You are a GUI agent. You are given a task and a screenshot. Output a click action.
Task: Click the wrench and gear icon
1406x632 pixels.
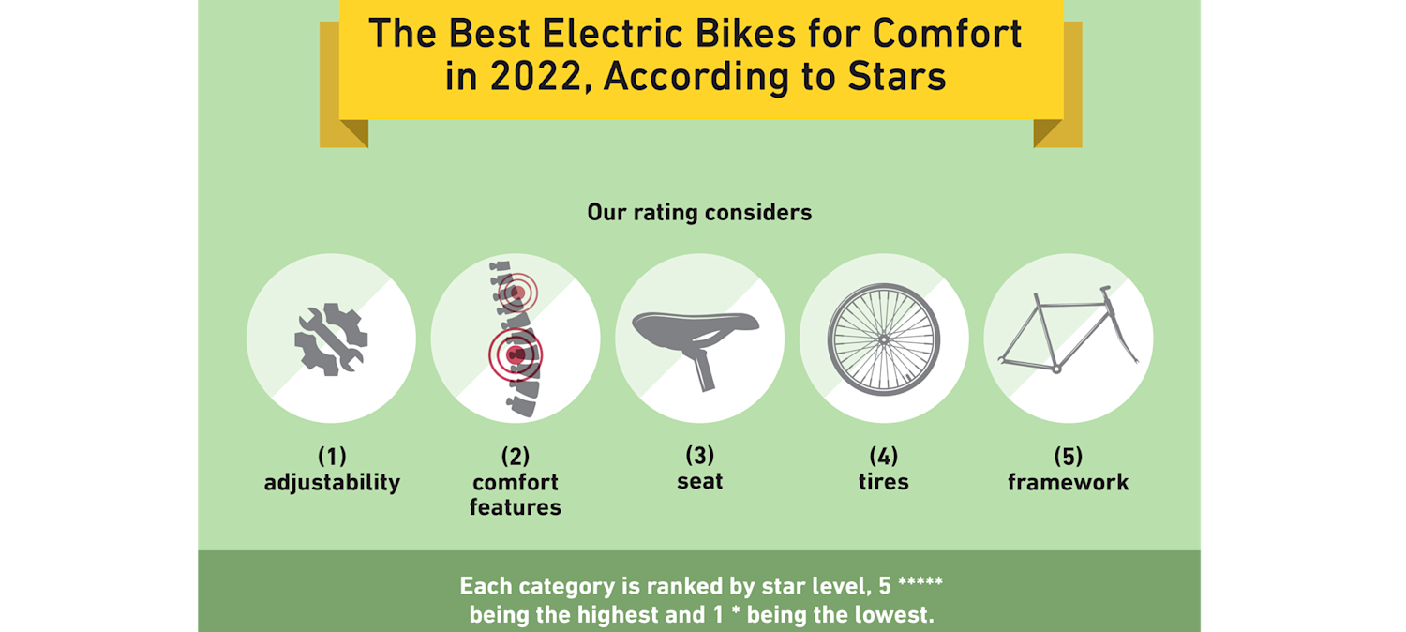[331, 339]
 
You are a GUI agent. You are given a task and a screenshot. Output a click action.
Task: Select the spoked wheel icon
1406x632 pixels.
[883, 339]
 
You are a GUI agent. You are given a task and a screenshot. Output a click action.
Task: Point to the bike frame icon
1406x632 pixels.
[1068, 333]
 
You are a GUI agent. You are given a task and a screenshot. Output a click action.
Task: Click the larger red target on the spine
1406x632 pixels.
[515, 354]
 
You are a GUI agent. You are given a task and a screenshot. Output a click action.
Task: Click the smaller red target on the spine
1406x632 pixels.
[515, 293]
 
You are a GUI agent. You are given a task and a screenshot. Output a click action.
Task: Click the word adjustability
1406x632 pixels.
[332, 483]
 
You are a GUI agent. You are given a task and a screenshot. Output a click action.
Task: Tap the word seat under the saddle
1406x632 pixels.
[700, 482]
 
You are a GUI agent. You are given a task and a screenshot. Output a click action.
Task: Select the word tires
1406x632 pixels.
[883, 483]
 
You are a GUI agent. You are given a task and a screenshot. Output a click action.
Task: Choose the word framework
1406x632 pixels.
[1068, 483]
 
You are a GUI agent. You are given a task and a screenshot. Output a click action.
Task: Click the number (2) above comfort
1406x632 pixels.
[515, 457]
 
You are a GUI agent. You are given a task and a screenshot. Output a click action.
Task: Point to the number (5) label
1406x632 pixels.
[1068, 457]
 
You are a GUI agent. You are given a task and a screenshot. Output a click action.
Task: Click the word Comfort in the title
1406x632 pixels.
[947, 35]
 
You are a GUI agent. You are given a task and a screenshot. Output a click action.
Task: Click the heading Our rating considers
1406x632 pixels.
[699, 213]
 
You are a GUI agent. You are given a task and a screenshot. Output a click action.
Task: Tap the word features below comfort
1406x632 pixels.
[515, 507]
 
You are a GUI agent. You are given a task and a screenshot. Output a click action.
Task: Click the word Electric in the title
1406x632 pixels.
[600, 35]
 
